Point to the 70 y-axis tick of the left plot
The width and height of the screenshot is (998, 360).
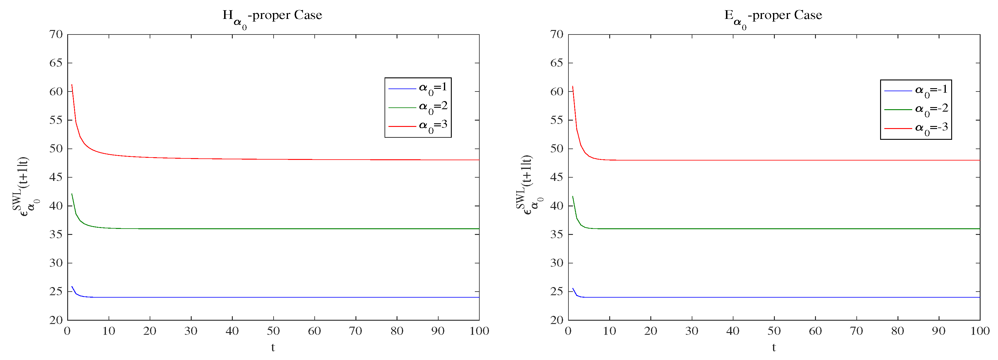coord(56,34)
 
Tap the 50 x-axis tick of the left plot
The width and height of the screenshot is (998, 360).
coord(273,331)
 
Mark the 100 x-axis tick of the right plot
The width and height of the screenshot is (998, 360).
coord(980,331)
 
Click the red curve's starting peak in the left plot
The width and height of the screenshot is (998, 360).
coord(72,85)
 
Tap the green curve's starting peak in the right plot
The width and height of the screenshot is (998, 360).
coord(573,196)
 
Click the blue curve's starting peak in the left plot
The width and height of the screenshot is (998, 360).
coord(72,287)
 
